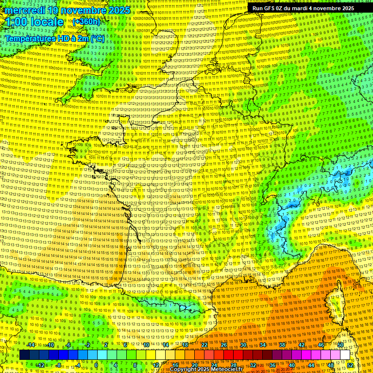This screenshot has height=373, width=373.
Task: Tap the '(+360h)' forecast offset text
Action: click(86, 21)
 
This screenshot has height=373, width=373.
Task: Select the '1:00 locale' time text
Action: click(35, 22)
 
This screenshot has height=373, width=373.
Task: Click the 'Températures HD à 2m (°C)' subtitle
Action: click(54, 38)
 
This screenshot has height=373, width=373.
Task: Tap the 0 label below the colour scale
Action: click(96, 365)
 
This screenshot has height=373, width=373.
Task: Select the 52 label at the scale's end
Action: click(350, 365)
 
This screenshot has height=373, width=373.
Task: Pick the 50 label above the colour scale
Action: click(340, 345)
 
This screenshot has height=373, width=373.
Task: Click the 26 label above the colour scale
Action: click(224, 345)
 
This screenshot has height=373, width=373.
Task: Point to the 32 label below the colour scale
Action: click(253, 365)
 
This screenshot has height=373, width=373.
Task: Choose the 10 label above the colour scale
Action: click(146, 345)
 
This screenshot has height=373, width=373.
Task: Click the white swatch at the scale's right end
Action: click(345, 355)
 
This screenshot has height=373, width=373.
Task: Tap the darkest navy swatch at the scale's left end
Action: click(25, 355)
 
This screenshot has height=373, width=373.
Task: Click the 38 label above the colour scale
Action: click(282, 345)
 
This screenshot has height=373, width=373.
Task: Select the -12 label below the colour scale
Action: click(40, 365)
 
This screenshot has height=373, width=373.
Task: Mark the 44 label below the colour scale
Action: click(311, 365)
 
